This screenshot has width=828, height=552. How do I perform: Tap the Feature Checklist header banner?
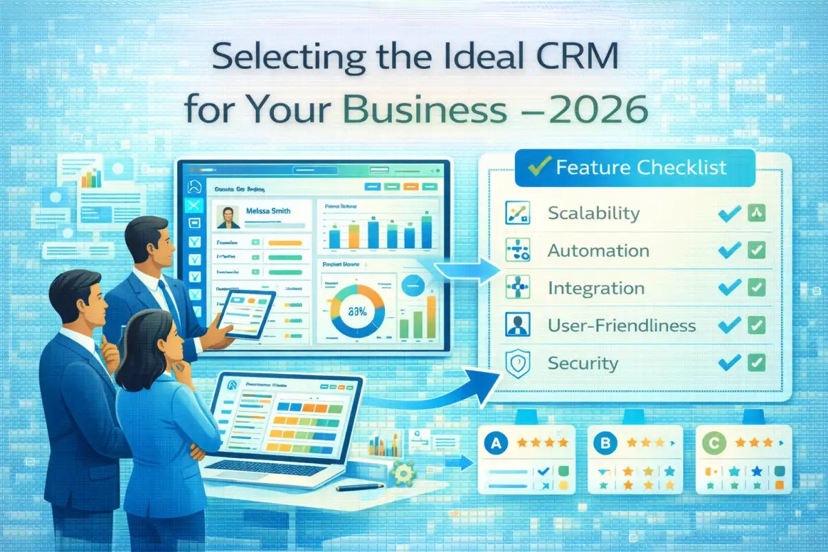(635, 168)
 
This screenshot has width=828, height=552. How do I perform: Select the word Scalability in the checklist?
(593, 213)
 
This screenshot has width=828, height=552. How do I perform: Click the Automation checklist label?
(598, 250)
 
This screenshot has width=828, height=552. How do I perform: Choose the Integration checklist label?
(595, 288)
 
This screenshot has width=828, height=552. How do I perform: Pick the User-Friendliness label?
(622, 325)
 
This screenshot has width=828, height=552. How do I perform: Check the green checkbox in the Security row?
(756, 362)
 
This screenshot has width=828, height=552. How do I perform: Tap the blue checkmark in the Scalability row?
(729, 213)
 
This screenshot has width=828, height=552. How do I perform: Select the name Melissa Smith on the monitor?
(268, 211)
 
